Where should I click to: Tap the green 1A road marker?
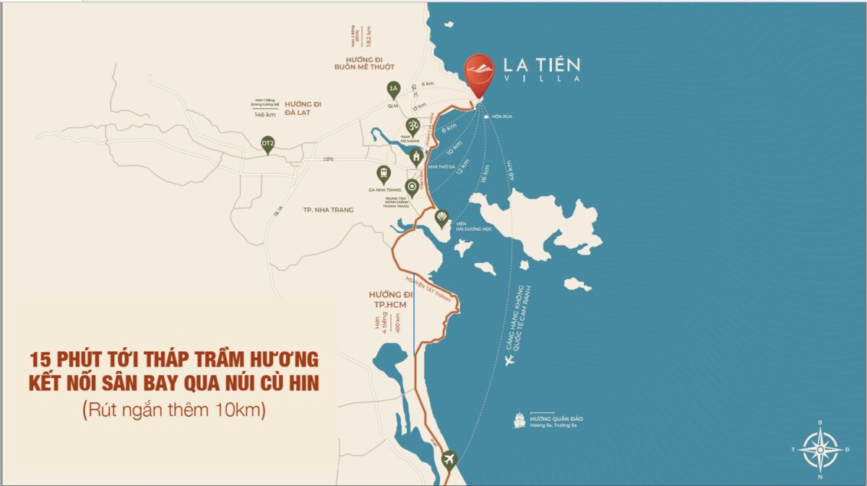click(393, 90)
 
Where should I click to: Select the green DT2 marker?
click(268, 145)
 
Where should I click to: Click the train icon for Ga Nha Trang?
click(383, 173)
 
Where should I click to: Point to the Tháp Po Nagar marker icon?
click(413, 126)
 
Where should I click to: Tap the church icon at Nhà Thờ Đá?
click(416, 156)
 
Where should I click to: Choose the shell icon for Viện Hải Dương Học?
click(441, 217)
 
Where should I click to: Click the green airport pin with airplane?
click(450, 459)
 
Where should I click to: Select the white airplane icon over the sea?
click(510, 359)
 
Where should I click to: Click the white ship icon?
click(519, 420)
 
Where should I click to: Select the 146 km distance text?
click(265, 115)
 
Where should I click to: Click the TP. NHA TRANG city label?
click(329, 210)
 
